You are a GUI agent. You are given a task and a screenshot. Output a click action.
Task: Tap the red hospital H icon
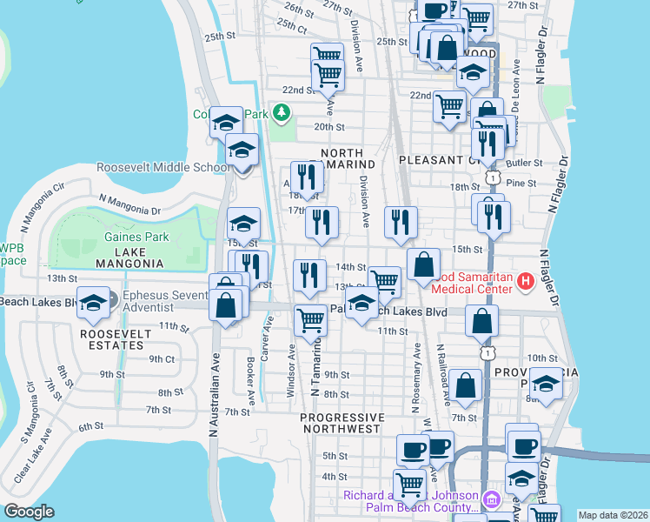coord(525,282)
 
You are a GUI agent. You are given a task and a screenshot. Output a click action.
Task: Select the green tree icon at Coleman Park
coord(281,113)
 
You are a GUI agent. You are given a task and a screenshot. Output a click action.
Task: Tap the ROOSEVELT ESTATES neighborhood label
coord(109,339)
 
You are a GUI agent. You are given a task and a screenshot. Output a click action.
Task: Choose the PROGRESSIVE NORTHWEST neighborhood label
coord(340,424)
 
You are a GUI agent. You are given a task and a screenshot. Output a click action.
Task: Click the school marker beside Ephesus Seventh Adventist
coord(93,303)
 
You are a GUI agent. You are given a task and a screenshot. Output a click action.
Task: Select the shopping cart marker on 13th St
coord(384,280)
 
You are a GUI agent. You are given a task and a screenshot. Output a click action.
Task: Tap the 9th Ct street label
coord(162,358)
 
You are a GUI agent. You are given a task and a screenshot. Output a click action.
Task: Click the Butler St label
coord(524,163)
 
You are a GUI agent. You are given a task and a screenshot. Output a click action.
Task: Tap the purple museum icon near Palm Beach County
coord(491,500)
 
